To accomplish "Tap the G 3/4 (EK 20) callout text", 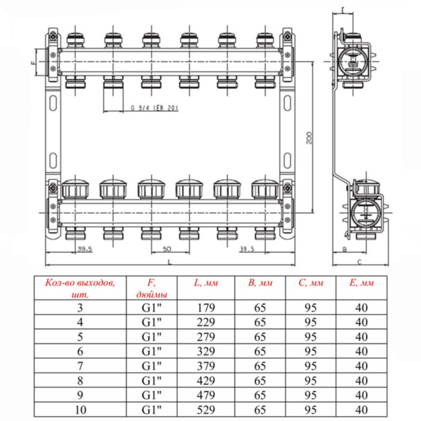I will click(154, 108).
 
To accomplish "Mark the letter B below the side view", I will click(344, 249).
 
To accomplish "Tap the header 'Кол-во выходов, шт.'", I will click(80, 288).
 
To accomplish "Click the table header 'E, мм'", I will click(361, 283).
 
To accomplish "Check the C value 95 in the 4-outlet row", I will click(310, 321).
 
